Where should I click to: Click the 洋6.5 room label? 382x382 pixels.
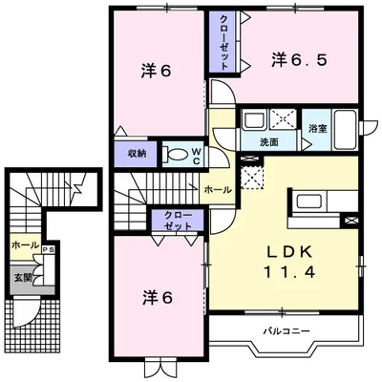coord(299,59)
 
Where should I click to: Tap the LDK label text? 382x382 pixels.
coord(289,252)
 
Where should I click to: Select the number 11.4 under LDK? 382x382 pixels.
coord(289,272)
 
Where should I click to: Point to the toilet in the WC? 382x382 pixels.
coord(174,154)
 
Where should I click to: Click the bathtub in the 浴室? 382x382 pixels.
coord(345,130)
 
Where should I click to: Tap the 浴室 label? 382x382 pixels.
coord(317,129)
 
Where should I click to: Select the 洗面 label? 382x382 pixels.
coord(269,142)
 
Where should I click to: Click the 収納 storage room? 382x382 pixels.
coord(136,154)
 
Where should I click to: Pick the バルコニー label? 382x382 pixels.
coord(286,331)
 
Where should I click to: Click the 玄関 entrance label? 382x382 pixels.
coord(23,278)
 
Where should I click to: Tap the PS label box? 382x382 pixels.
coord(49,250)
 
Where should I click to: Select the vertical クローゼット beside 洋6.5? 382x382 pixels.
coord(223,40)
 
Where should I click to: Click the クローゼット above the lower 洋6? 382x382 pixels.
coord(178,221)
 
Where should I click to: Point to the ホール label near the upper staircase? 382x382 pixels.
coord(218,190)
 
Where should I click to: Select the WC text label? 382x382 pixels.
coord(196,156)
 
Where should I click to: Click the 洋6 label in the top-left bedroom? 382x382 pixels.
coord(157,71)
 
